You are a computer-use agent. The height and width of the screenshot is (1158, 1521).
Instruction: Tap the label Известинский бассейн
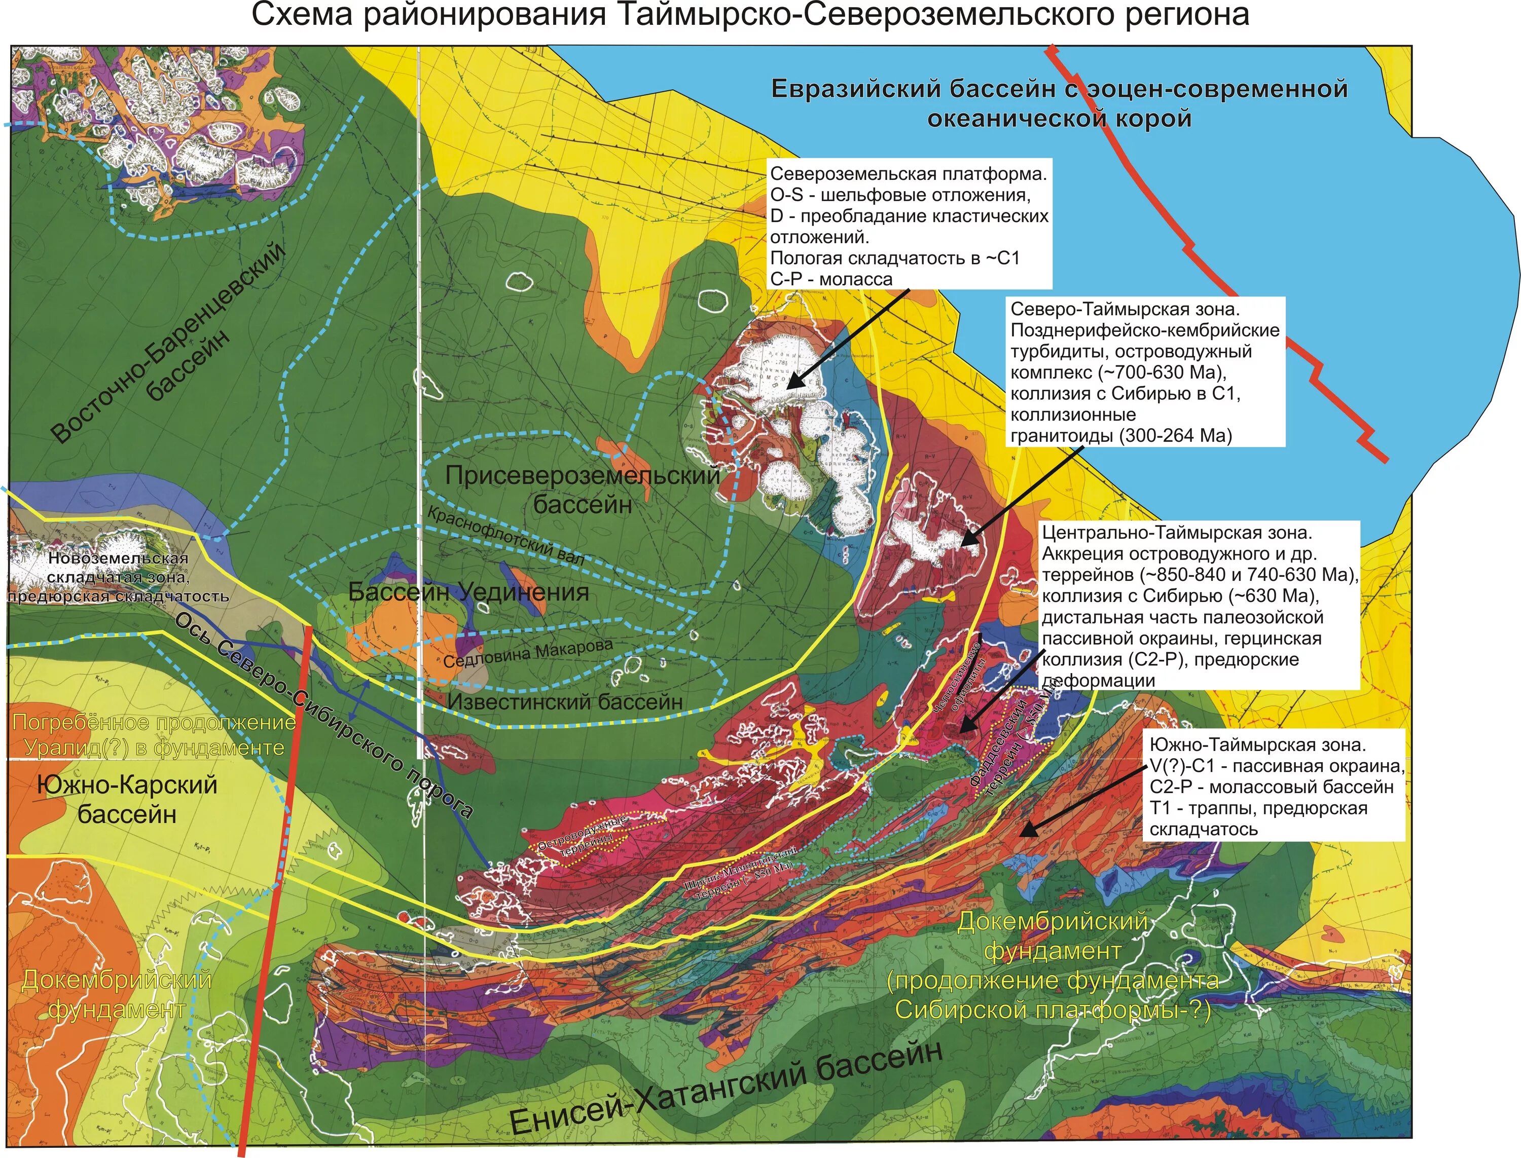coord(565,702)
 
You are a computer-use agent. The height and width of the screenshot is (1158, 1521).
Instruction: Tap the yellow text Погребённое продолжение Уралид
coord(154,735)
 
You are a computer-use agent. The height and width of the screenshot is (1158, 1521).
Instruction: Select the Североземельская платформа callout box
coord(909,226)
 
